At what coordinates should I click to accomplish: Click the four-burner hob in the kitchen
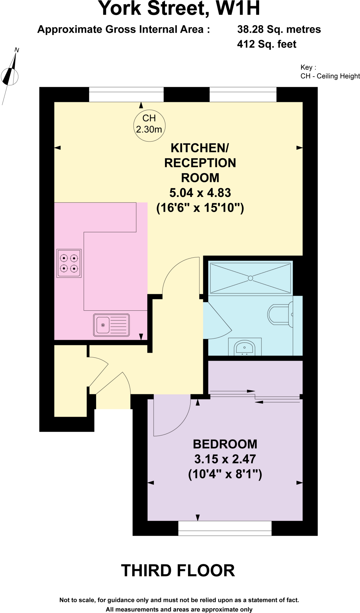[69, 263]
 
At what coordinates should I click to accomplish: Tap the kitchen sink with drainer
[111, 325]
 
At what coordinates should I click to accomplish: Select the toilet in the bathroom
[279, 315]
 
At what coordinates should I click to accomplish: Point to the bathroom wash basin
[245, 348]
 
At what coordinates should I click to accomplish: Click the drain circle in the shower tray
[251, 278]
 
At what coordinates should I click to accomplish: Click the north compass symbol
[10, 76]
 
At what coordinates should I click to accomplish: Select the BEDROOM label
[225, 444]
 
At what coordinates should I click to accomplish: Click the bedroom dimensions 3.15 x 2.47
[225, 459]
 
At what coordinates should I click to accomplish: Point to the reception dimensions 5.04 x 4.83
[200, 193]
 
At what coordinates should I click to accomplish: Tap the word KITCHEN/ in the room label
[200, 148]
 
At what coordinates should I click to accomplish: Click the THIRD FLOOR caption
[178, 570]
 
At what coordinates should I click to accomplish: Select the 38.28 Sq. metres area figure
[279, 29]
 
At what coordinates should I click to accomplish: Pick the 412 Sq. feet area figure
[267, 44]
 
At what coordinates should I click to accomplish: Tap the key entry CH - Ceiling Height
[330, 76]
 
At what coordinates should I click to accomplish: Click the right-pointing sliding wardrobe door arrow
[233, 391]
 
